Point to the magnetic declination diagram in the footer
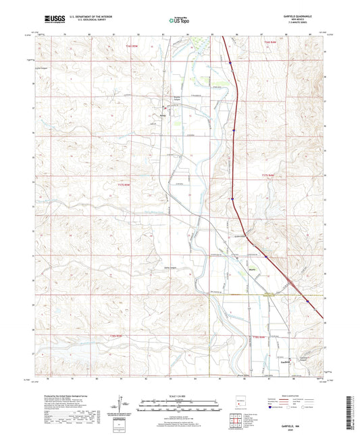tap(120, 408)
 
